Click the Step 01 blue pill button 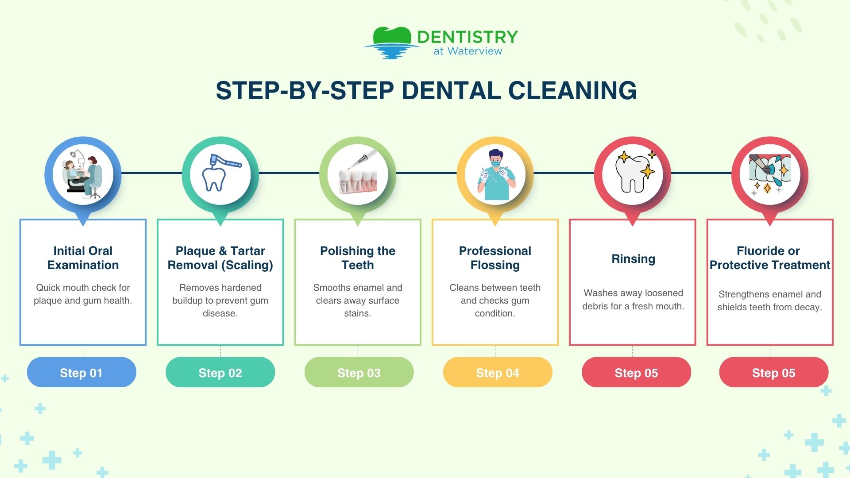pos(81,373)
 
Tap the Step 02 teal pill pos(220,373)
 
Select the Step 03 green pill pos(359,373)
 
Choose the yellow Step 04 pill pos(498,373)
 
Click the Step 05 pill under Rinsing pos(636,373)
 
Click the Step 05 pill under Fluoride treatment pos(773,373)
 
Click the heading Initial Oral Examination pos(83,258)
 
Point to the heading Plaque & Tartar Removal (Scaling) pos(220,258)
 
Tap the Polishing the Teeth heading pos(358,258)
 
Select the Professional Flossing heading pos(495,258)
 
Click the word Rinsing pos(633,258)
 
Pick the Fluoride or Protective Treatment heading pos(769,258)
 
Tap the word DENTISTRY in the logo pos(467,37)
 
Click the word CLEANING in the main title pos(572,91)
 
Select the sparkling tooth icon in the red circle pos(633,173)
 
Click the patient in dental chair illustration pos(83,174)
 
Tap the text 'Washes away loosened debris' pos(633,299)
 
